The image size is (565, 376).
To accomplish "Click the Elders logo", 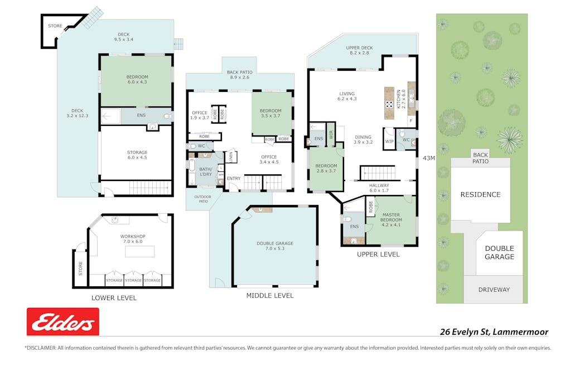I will point(63,322).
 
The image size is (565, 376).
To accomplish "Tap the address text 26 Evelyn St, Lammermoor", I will point(494,332).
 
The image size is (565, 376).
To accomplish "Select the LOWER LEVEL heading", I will point(114,298).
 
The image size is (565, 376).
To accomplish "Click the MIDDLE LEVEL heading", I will point(270,295).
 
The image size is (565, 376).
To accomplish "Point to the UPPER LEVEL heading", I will point(378,254).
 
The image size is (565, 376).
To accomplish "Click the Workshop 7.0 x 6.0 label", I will point(132,240).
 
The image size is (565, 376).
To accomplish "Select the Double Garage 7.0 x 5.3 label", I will point(275,246).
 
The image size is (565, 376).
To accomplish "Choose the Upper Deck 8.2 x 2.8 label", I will point(359,51).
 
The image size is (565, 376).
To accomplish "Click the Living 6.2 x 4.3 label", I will point(347,96).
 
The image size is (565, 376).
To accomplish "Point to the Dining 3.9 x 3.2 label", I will point(363,139).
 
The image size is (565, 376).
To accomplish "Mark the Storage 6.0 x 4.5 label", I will point(137,155).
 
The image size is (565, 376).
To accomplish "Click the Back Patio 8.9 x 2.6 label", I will point(239,75).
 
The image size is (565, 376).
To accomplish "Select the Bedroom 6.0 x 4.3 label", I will point(137,80).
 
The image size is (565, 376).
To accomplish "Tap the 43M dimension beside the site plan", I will point(429,158).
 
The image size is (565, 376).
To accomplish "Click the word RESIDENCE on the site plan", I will point(480,194).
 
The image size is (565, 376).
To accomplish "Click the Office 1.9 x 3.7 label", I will point(199,115).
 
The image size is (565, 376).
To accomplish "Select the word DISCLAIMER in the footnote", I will point(41,348).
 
